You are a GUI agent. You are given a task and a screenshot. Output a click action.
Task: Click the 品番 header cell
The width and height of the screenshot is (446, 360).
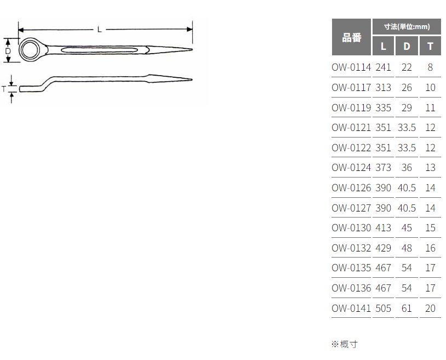352,37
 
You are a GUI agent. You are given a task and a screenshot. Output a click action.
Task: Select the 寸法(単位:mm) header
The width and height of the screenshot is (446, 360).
407,26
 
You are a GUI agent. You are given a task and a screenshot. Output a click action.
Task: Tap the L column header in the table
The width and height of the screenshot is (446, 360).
384,46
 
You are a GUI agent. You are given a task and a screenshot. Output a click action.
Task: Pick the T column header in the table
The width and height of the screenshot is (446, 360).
430,46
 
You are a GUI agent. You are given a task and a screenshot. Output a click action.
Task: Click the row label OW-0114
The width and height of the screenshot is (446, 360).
351,67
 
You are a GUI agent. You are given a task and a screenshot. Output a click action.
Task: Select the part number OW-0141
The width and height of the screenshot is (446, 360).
351,308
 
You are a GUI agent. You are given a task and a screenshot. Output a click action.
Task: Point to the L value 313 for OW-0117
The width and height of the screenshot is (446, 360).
384,88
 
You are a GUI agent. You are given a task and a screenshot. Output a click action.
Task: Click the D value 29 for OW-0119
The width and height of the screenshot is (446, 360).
407,107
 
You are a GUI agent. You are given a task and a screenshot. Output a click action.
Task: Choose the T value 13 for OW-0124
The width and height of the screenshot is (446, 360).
430,168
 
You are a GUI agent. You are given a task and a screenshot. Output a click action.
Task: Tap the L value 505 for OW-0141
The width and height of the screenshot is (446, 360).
384,308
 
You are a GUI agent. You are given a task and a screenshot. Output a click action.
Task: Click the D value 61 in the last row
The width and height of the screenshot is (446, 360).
407,308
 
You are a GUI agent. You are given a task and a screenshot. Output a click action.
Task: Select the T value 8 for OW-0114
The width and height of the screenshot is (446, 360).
430,67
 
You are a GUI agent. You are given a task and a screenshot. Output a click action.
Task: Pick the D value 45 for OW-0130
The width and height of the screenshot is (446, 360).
407,228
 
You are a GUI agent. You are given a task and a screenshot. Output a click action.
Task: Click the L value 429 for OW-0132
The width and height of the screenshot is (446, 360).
384,248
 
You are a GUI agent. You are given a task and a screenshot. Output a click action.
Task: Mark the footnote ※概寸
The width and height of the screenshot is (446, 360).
345,344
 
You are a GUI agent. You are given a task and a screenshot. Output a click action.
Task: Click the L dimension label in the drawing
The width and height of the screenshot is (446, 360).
100,29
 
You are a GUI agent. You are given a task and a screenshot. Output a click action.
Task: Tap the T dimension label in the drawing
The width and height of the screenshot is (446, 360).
4,88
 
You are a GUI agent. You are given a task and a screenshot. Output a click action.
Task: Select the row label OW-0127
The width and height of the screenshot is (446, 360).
351,208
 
